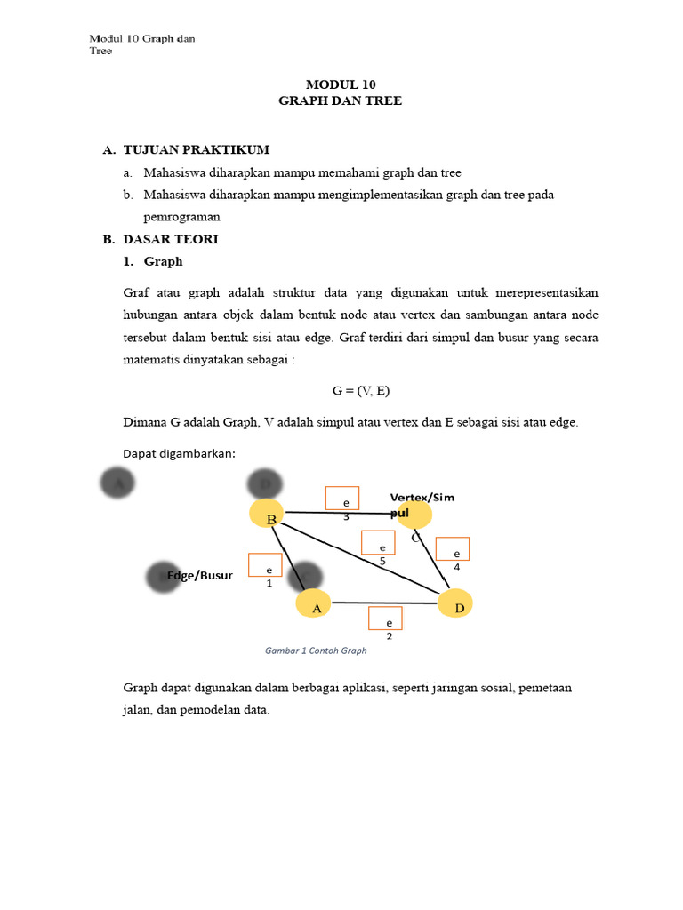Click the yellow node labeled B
coord(267,513)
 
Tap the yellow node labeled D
coord(455,603)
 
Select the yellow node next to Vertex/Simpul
coord(414,515)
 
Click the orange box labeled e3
coord(342,499)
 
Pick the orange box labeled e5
coord(378,542)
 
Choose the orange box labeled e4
coord(453,549)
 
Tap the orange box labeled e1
coord(265,565)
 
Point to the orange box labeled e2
coord(385,618)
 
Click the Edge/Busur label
coord(200,575)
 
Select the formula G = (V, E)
coord(362,391)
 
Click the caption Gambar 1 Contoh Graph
coord(316,651)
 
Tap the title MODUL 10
coord(341,84)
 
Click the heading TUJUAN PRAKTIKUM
coord(197,149)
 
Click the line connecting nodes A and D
coord(384,603)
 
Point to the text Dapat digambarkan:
coord(179,454)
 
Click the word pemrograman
coord(181,217)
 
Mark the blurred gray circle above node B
coord(265,484)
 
